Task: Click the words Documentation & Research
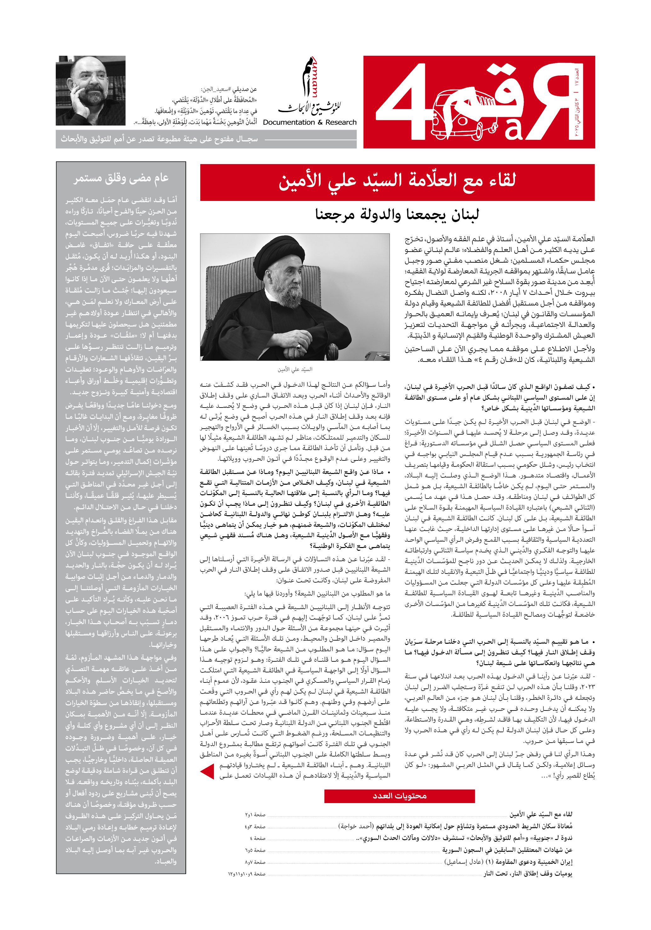[x=310, y=122]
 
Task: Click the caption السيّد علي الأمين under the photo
[x=294, y=369]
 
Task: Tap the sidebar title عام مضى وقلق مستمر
[x=121, y=179]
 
